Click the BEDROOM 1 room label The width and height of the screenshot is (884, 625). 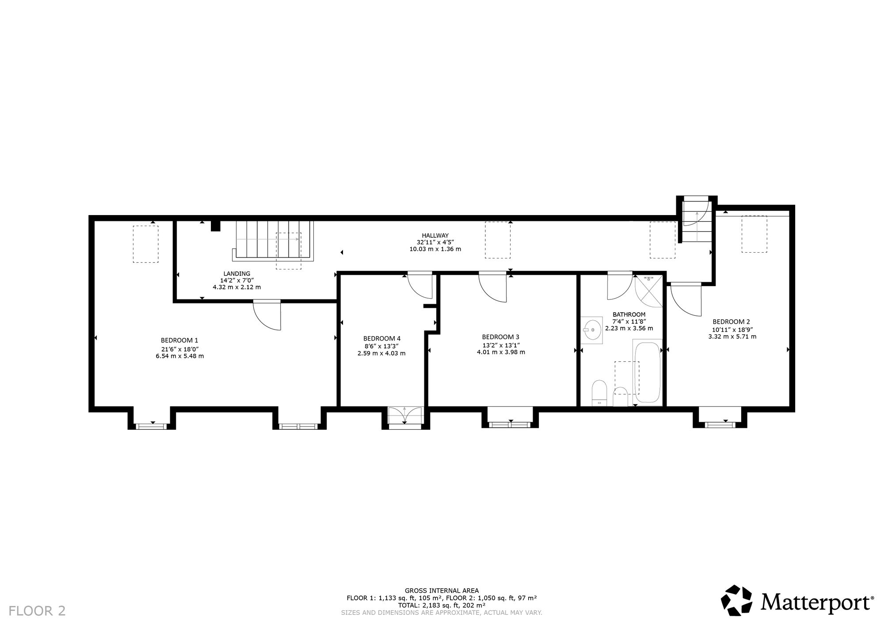179,340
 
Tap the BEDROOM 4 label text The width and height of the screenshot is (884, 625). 382,338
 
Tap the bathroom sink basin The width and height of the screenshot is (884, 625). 592,330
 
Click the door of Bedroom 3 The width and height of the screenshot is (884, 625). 493,288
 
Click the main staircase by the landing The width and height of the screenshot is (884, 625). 273,241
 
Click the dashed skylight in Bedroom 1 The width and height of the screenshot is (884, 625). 146,244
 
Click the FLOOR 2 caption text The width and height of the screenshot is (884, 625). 37,611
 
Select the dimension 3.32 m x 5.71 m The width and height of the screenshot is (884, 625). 732,337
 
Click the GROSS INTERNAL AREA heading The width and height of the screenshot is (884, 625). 442,591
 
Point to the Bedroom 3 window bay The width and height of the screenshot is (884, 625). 511,418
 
